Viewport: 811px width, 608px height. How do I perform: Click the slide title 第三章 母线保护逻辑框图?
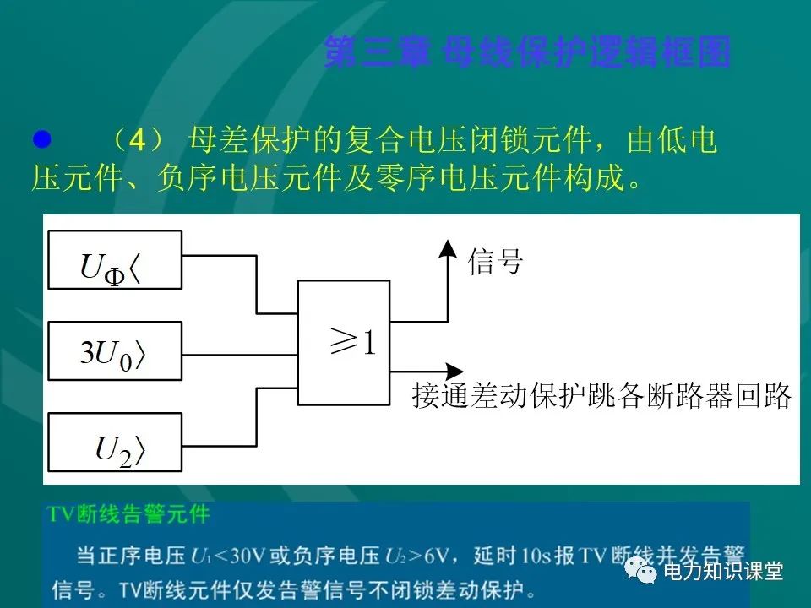(526, 52)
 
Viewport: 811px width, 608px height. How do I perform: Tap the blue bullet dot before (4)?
(41, 138)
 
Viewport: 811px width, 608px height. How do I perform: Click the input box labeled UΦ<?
(116, 259)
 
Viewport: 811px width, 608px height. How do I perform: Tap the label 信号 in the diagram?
(496, 263)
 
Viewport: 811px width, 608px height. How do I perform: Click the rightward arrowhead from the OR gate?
(454, 371)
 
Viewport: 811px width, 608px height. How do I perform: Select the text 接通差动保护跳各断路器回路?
(601, 396)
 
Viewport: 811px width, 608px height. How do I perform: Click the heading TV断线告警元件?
(128, 513)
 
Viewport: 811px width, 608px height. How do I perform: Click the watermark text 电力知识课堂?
(724, 572)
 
